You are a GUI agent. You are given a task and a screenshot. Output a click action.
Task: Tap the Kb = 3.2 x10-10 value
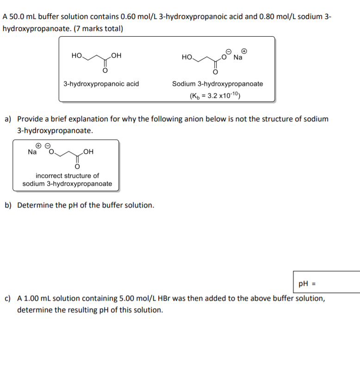pos(214,96)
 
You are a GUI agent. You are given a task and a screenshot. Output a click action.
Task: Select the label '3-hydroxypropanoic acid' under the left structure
pos(101,84)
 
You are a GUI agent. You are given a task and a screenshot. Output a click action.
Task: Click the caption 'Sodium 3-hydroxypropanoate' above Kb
pos(217,84)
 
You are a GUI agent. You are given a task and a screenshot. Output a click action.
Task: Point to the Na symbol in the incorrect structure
pos(32,151)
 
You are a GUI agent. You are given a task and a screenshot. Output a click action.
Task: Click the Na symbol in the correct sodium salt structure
pos(238,57)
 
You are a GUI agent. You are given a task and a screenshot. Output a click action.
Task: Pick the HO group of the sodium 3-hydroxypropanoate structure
pos(187,57)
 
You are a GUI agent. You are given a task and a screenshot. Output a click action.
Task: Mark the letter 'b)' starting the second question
pos(8,205)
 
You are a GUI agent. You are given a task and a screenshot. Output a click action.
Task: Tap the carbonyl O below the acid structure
pos(105,71)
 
